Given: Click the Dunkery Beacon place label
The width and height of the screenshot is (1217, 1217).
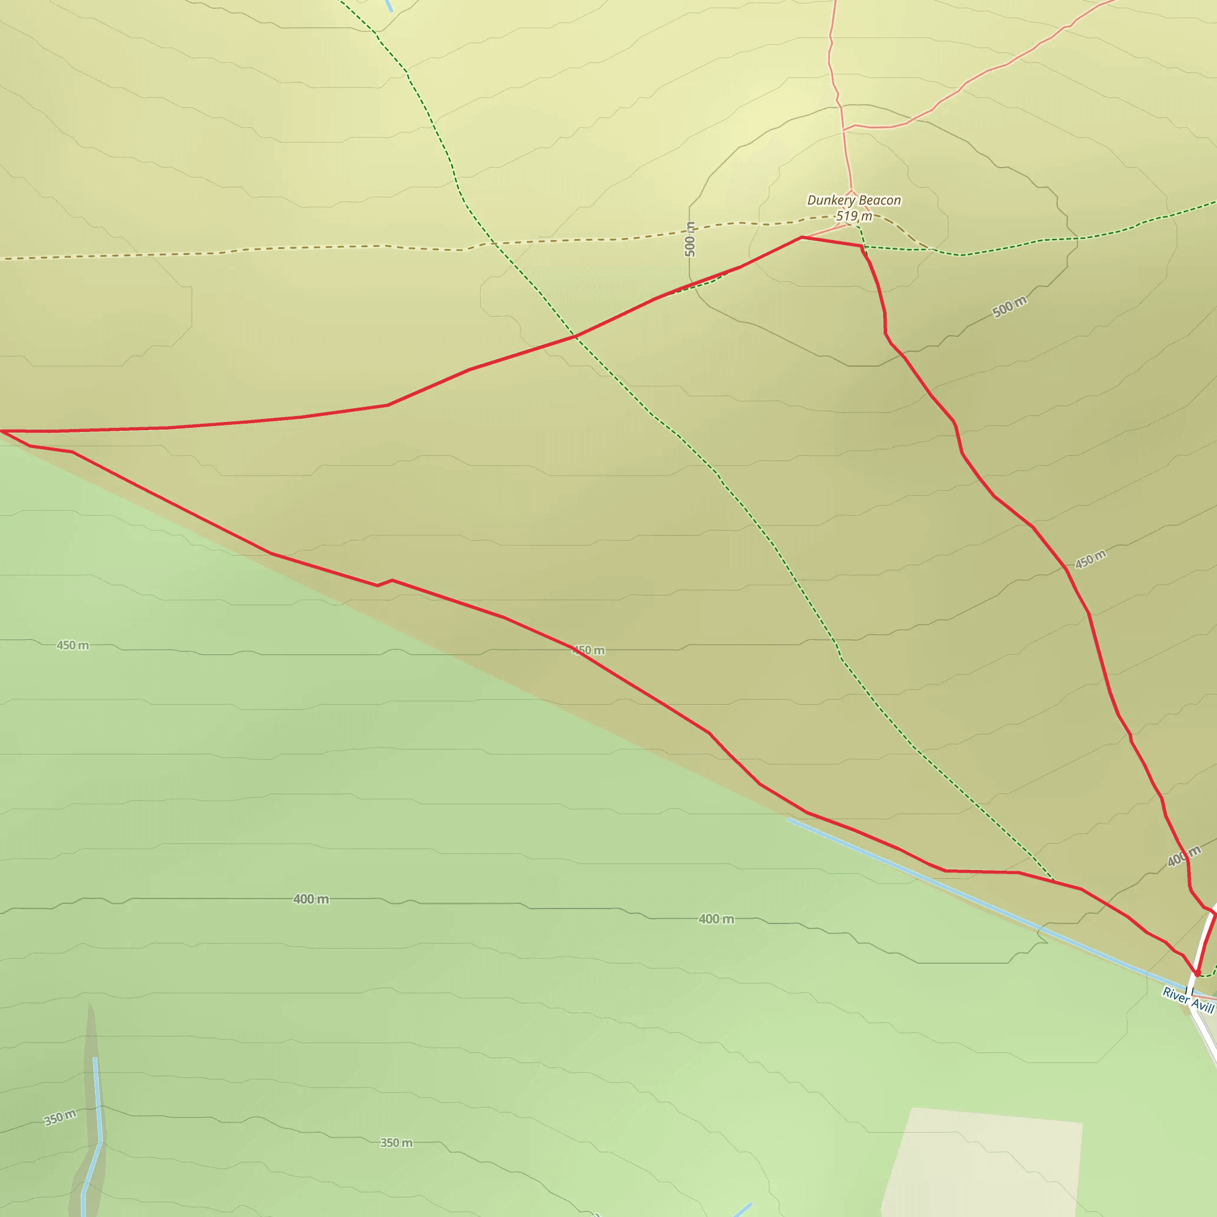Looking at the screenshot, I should pyautogui.click(x=853, y=200).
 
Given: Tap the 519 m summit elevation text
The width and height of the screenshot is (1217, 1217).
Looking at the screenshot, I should pyautogui.click(x=853, y=216).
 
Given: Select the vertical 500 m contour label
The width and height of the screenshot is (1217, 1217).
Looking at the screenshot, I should pyautogui.click(x=691, y=239).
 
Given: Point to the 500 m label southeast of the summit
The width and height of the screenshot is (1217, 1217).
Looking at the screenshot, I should pyautogui.click(x=1009, y=307).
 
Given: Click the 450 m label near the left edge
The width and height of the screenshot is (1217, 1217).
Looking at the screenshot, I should pyautogui.click(x=72, y=645).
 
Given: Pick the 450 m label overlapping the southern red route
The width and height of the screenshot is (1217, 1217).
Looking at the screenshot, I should pyautogui.click(x=588, y=650).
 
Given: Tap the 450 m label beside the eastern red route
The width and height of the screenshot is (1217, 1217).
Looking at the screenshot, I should pyautogui.click(x=1090, y=559).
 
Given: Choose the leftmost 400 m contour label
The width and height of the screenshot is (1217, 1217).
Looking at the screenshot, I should pyautogui.click(x=311, y=899).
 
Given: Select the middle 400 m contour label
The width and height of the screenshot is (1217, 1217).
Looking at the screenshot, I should pyautogui.click(x=716, y=919).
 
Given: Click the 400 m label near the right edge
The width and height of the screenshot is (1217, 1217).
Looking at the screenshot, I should pyautogui.click(x=1184, y=857).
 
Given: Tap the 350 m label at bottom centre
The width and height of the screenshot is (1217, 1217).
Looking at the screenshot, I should pyautogui.click(x=396, y=1143).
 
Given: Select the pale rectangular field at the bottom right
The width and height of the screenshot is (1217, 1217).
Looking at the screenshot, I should pyautogui.click(x=983, y=1165).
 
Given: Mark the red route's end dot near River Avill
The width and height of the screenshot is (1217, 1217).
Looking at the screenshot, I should pyautogui.click(x=1197, y=973).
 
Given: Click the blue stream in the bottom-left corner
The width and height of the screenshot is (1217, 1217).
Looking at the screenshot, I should pyautogui.click(x=97, y=1109).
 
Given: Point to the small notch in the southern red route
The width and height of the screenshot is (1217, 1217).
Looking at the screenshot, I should pyautogui.click(x=384, y=583).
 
